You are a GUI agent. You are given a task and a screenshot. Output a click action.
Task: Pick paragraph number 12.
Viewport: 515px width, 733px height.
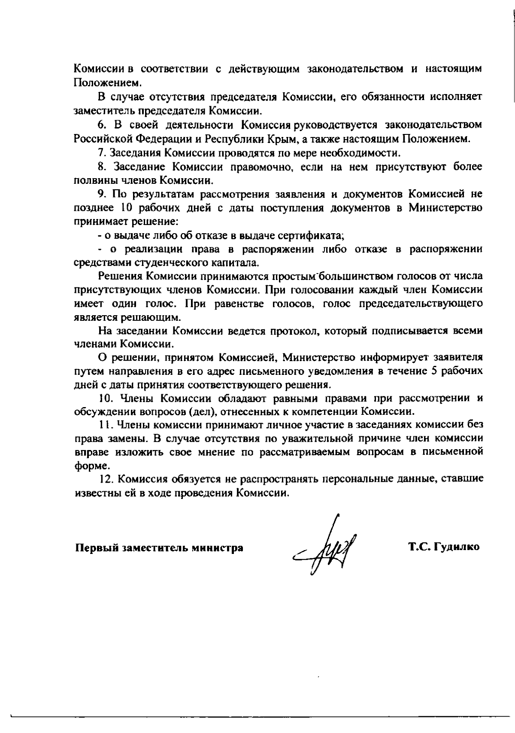coord(105,479)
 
